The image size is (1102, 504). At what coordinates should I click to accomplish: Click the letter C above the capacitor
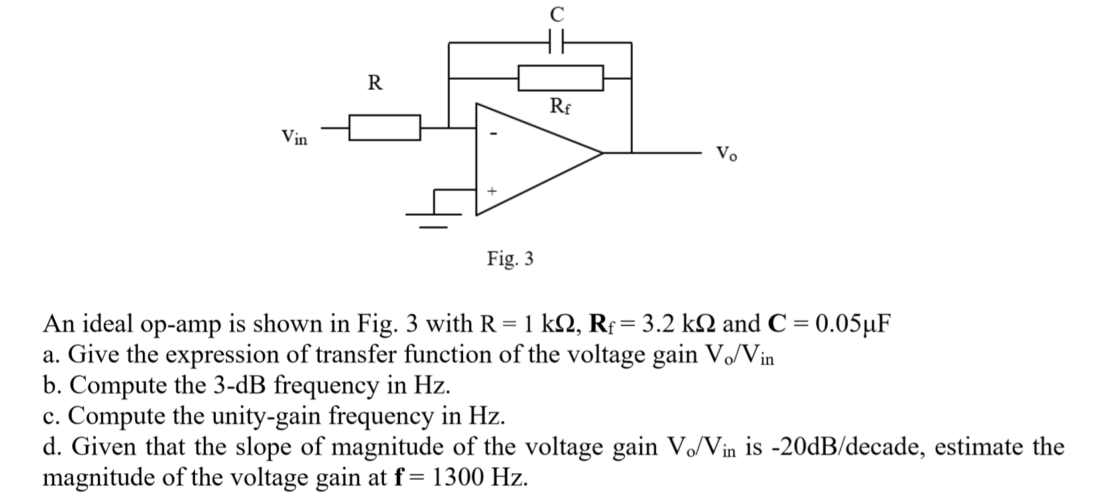pos(556,13)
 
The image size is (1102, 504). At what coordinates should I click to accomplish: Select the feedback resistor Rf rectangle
pos(561,78)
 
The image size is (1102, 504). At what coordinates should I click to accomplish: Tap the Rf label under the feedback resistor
pos(560,107)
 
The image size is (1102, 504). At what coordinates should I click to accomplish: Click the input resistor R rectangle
pos(385,127)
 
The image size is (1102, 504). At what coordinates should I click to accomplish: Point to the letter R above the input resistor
pos(375,83)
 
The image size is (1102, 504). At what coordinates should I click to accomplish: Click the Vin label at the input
pos(294,137)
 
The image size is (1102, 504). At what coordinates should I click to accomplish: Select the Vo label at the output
pos(726,153)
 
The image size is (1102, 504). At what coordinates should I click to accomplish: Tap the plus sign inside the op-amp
pos(491,192)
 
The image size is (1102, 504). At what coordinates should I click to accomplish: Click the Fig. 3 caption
pos(510,259)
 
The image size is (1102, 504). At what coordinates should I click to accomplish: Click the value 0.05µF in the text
pos(852,324)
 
